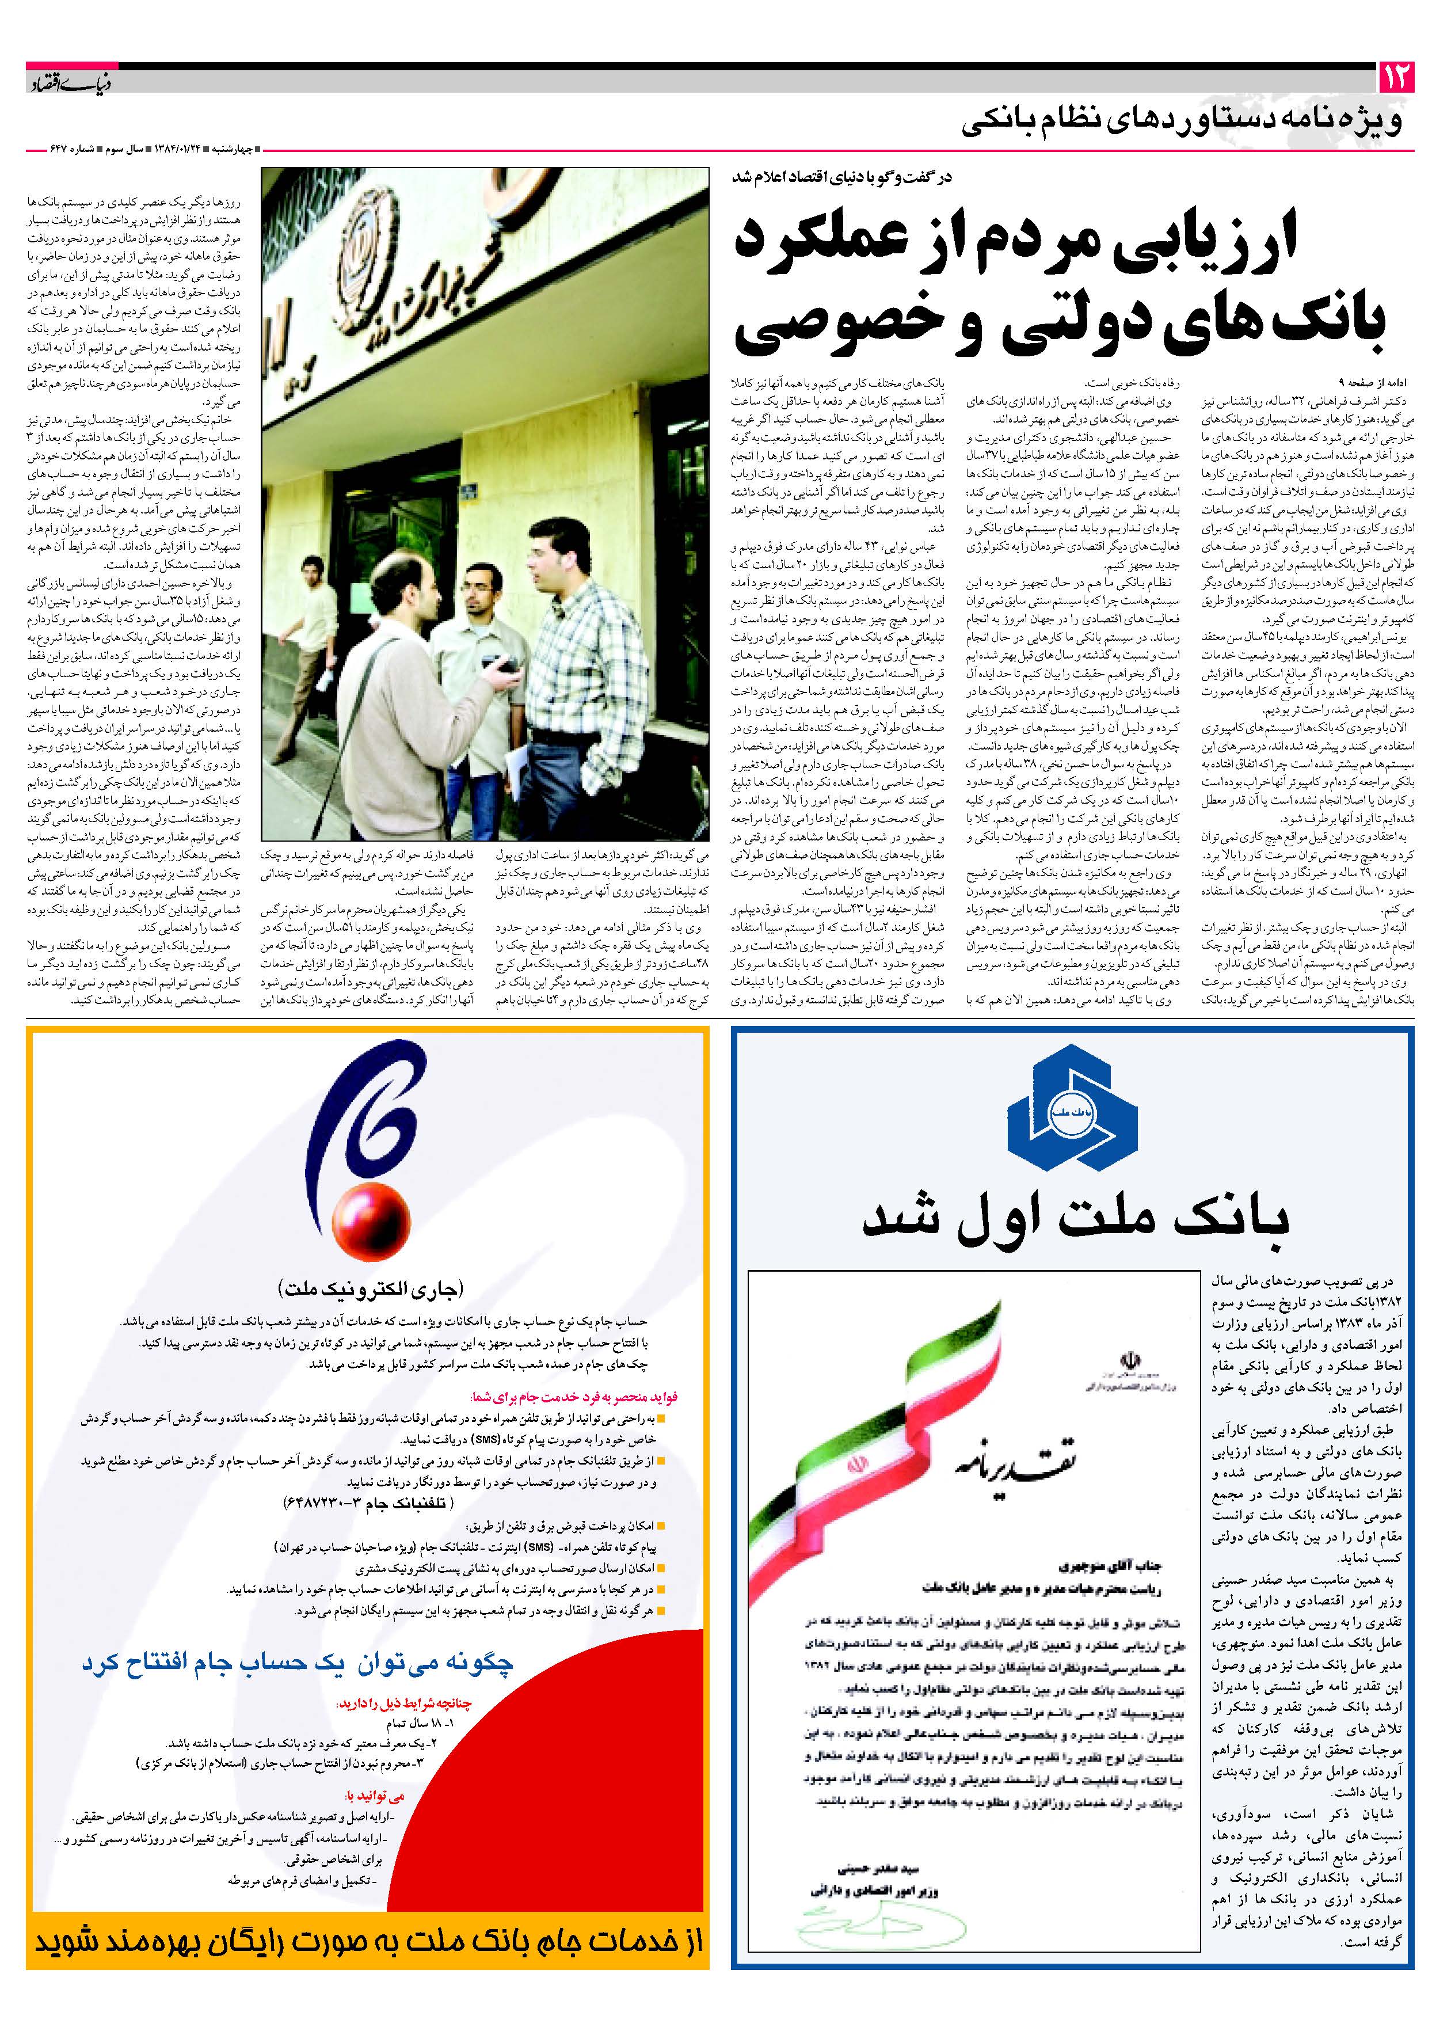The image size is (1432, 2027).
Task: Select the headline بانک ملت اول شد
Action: pyautogui.click(x=1075, y=1218)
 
